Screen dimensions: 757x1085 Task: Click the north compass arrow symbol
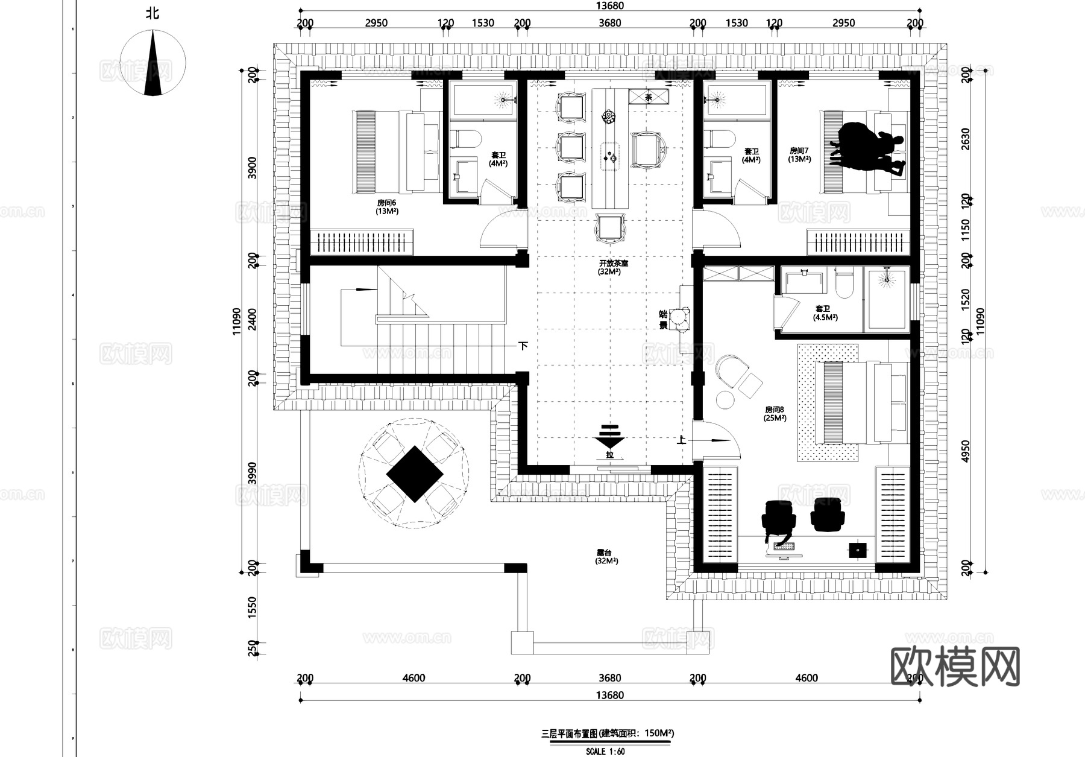[x=153, y=63]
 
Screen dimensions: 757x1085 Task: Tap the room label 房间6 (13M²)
[x=387, y=207]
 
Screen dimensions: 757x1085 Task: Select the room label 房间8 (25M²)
[x=775, y=413]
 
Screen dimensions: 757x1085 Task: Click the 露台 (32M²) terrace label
[x=606, y=556]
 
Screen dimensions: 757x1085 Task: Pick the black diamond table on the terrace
[x=414, y=474]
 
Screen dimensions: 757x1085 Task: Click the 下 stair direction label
[x=524, y=346]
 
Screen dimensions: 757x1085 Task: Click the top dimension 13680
[x=609, y=6]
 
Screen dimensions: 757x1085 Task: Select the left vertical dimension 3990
[x=253, y=474]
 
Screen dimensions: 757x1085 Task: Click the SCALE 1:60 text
[x=605, y=752]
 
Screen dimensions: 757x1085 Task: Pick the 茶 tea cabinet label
[x=649, y=97]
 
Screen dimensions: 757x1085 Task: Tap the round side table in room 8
[x=724, y=399]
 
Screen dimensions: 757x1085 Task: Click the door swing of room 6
[x=500, y=229]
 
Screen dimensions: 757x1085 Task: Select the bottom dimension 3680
[x=609, y=678]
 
